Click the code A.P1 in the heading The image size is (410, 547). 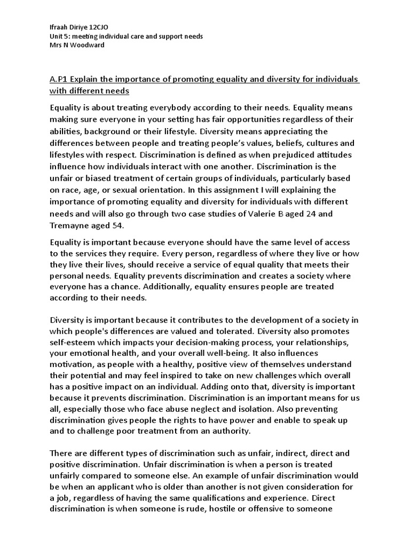60,80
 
